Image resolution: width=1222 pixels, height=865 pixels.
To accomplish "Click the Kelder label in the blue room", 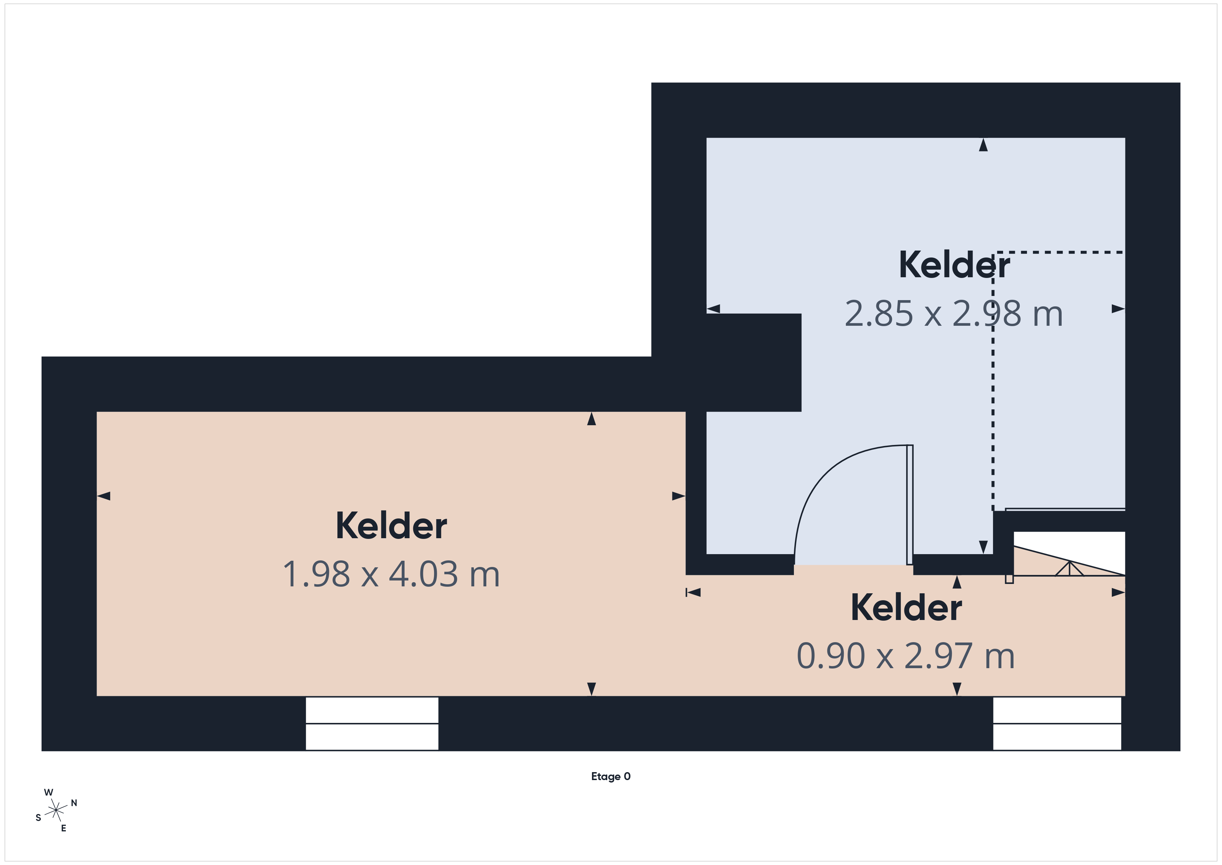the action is [x=954, y=265].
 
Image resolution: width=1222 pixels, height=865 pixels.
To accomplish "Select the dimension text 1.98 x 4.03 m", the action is [x=391, y=574].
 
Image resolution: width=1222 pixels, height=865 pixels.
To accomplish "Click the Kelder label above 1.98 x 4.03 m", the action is [x=391, y=526].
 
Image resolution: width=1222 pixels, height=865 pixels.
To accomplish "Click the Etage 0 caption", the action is [x=610, y=777].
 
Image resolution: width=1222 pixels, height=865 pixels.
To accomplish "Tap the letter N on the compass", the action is [x=74, y=803].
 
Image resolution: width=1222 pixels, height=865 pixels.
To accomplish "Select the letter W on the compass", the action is [x=48, y=792].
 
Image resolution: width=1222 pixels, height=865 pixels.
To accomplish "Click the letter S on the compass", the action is [x=38, y=818].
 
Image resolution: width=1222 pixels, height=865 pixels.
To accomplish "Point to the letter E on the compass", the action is [x=63, y=828].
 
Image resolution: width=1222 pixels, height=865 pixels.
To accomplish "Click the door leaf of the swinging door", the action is [x=910, y=504].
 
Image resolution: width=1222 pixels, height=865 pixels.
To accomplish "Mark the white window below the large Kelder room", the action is [x=372, y=723].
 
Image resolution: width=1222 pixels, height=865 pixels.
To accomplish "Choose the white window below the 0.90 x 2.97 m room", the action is [x=1057, y=723].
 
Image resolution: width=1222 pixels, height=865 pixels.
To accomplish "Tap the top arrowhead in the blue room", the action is [x=983, y=145].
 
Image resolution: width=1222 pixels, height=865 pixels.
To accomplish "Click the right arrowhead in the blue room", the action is [x=1118, y=308].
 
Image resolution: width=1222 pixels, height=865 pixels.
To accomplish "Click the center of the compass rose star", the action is [x=56, y=811].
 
